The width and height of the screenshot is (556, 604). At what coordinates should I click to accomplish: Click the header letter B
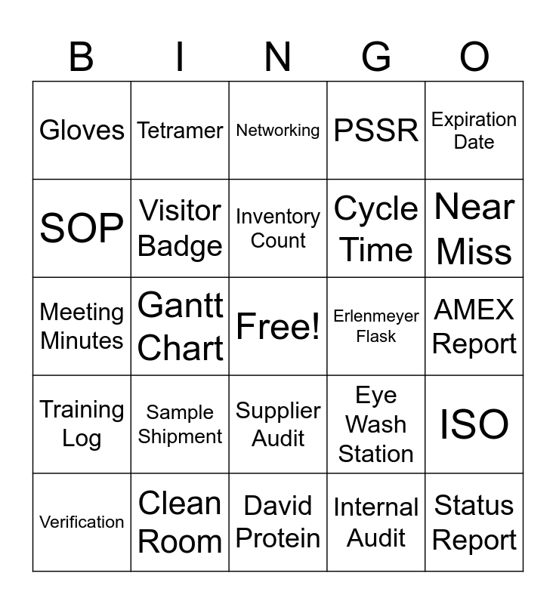click(82, 57)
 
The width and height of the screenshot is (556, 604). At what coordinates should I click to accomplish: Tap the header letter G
click(376, 57)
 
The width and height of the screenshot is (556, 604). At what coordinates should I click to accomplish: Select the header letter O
click(474, 57)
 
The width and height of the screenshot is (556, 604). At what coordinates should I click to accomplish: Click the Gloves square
click(82, 130)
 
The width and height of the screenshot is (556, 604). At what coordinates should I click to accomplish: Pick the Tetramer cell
click(180, 130)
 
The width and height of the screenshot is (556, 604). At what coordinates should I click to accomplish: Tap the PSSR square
click(376, 130)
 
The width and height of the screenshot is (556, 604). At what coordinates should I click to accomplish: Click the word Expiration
click(474, 120)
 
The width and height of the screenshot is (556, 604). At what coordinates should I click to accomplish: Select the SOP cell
click(82, 228)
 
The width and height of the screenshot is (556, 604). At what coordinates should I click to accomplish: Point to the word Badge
click(180, 247)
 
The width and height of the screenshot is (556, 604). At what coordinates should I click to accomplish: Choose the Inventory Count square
click(278, 228)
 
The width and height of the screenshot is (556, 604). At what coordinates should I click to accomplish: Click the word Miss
click(474, 251)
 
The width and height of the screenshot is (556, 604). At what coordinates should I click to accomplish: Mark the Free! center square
click(278, 326)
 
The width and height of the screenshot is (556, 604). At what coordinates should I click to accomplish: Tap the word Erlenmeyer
click(376, 316)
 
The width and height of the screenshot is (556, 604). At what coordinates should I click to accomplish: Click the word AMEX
click(474, 310)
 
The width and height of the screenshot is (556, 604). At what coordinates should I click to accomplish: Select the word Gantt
click(181, 305)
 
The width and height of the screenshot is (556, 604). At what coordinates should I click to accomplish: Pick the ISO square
click(474, 424)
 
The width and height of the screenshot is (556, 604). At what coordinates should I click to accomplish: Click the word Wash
click(376, 424)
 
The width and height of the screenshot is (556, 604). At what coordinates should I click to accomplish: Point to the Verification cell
click(82, 522)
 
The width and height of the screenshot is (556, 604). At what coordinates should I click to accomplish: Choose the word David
click(278, 505)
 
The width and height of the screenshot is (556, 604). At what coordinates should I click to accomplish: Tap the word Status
click(474, 505)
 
